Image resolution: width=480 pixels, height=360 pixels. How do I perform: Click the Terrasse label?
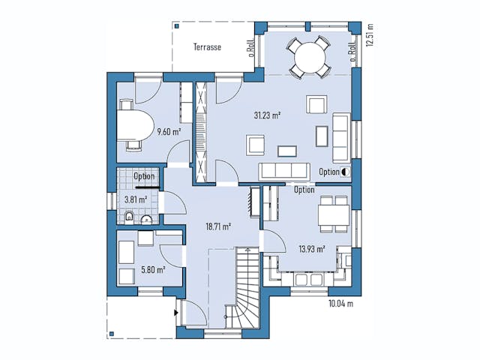(207, 47)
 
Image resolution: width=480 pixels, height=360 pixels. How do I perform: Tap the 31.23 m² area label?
(267, 115)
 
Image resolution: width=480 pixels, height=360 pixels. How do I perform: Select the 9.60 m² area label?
(169, 132)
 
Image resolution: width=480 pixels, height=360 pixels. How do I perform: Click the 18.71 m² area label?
(217, 226)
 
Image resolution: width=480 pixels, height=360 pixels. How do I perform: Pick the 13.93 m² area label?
(310, 249)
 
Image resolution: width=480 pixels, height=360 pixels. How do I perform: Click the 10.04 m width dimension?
(340, 304)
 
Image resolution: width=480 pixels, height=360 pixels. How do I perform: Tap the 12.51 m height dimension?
(369, 33)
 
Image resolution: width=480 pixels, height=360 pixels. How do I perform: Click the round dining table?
(310, 56)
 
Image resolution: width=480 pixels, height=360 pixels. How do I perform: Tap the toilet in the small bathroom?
(130, 218)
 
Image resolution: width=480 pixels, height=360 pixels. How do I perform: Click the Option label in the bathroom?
(144, 177)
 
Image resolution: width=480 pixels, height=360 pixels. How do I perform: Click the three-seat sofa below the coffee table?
(284, 171)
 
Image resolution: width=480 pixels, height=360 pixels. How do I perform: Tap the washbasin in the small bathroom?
(146, 220)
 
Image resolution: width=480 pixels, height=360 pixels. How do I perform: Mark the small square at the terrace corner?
(175, 25)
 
